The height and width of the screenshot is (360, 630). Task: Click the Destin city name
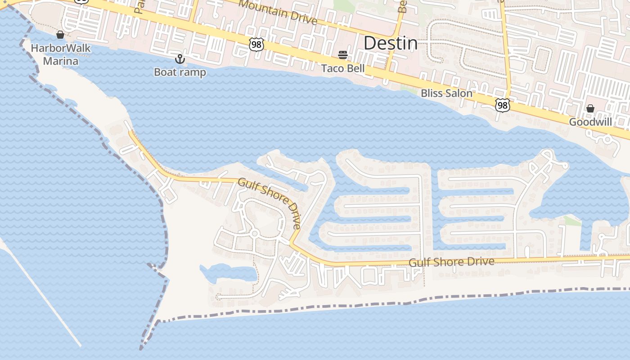(390, 43)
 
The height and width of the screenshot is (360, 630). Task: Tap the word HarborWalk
(61, 49)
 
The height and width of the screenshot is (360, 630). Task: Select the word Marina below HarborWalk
(61, 61)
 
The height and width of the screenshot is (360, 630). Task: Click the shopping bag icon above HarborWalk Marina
(60, 35)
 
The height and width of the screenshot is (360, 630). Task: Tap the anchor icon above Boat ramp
(180, 59)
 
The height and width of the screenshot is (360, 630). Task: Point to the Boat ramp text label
(180, 72)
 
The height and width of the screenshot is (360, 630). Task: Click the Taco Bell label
(343, 68)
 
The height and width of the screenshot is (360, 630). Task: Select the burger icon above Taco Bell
(343, 55)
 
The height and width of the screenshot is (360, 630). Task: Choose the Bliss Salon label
(446, 94)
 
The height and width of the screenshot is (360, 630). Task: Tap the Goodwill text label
(590, 122)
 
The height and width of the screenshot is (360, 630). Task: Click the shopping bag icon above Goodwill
(590, 108)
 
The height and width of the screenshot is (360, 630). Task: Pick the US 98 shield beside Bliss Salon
(502, 105)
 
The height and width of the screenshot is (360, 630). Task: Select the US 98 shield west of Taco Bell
(256, 44)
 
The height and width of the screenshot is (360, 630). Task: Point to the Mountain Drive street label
(278, 12)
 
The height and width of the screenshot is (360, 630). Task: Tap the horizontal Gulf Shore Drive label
(451, 262)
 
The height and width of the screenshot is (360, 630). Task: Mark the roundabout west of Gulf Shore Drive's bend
(254, 233)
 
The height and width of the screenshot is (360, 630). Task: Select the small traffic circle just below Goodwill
(607, 140)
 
